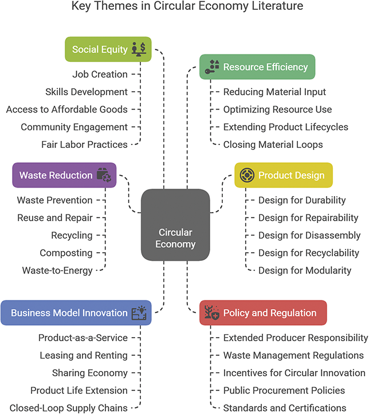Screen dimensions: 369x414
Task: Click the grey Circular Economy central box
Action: [175, 225]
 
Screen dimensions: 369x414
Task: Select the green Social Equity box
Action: [108, 49]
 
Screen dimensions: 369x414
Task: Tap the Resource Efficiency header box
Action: [257, 67]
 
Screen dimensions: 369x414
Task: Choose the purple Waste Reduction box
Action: [64, 175]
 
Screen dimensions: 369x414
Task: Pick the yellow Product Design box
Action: [284, 175]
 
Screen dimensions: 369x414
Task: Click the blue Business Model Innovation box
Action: [76, 313]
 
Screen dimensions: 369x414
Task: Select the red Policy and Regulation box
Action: [263, 313]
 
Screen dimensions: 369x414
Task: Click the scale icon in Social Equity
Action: [139, 49]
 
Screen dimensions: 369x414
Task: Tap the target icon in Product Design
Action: [247, 175]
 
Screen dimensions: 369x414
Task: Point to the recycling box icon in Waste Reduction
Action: [104, 175]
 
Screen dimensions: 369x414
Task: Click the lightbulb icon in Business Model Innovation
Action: [139, 313]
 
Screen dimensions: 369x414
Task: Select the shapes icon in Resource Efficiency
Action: [212, 67]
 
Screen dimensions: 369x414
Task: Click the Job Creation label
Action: [100, 75]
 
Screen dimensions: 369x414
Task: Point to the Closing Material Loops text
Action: [273, 144]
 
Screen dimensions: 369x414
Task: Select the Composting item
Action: [66, 253]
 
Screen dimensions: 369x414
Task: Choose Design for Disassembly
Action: [309, 235]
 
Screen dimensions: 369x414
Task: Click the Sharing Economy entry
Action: [90, 373]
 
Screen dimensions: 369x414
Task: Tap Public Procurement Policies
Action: [284, 390]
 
